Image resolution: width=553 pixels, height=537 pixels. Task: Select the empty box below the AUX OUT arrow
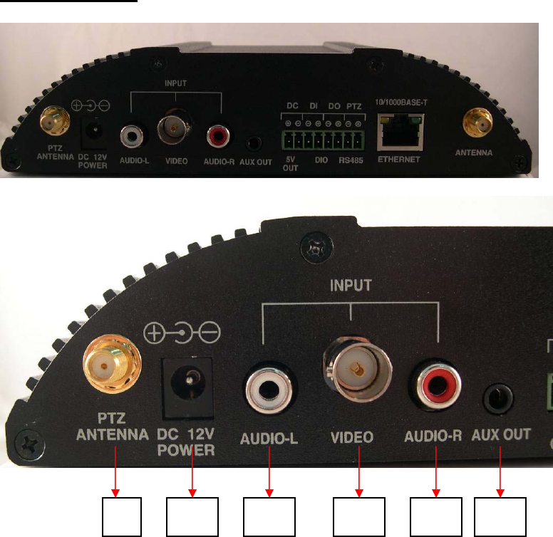(x=500, y=517)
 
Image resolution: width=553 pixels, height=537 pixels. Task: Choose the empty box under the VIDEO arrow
(x=359, y=517)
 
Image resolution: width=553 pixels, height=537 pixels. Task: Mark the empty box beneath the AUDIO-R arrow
(x=436, y=517)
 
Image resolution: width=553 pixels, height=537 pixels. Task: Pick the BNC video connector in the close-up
(x=353, y=370)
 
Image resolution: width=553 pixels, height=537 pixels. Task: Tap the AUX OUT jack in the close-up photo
(x=501, y=398)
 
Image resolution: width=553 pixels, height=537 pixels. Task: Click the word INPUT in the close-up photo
(x=351, y=286)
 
